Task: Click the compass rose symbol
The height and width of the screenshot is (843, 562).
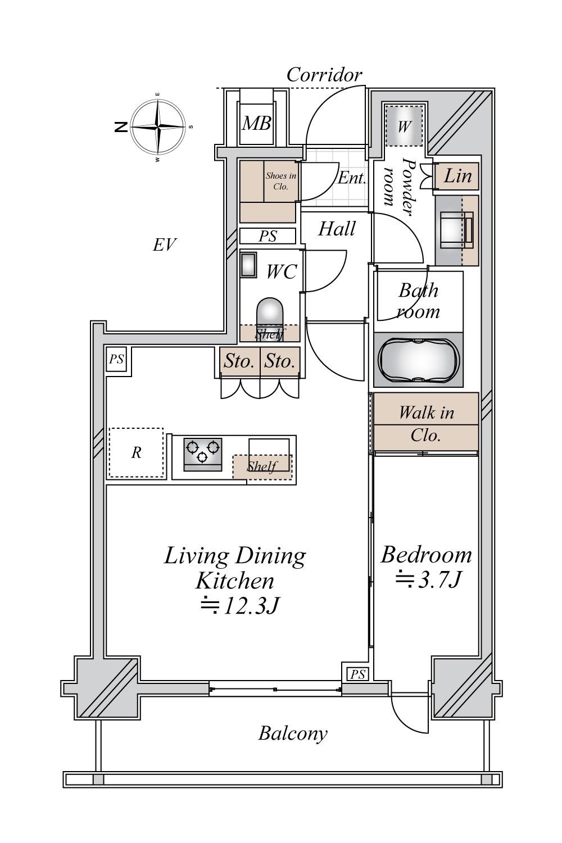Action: (x=158, y=127)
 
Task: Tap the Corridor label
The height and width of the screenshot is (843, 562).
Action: (x=324, y=75)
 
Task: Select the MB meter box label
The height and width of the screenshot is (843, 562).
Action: (x=256, y=123)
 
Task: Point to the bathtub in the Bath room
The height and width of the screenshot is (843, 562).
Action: (x=419, y=359)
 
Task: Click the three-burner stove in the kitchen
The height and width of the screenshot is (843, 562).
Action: (x=202, y=454)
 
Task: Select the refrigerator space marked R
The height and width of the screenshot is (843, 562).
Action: (x=136, y=452)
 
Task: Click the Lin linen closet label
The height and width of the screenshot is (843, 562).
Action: (x=457, y=176)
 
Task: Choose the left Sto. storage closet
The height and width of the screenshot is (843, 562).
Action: (x=239, y=361)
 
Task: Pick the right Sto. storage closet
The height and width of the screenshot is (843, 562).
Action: (x=280, y=361)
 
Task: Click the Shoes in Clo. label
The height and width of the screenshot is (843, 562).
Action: (x=281, y=180)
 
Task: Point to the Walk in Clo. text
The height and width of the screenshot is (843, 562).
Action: (x=426, y=424)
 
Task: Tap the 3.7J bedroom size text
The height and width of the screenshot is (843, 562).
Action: (x=428, y=580)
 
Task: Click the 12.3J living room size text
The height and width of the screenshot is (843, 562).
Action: (x=239, y=606)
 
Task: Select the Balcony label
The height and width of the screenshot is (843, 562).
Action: (x=292, y=733)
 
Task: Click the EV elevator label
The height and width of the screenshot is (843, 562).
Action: (x=165, y=245)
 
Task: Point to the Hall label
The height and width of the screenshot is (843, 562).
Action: (x=337, y=229)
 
